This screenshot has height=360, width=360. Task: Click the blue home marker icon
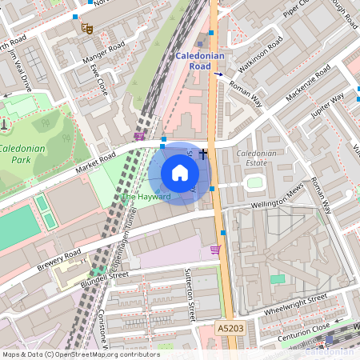coord(180,173)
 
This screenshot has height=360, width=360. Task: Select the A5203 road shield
coord(228,329)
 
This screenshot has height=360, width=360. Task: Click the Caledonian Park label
coord(22,154)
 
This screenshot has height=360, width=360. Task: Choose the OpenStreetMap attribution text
coord(80,354)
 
